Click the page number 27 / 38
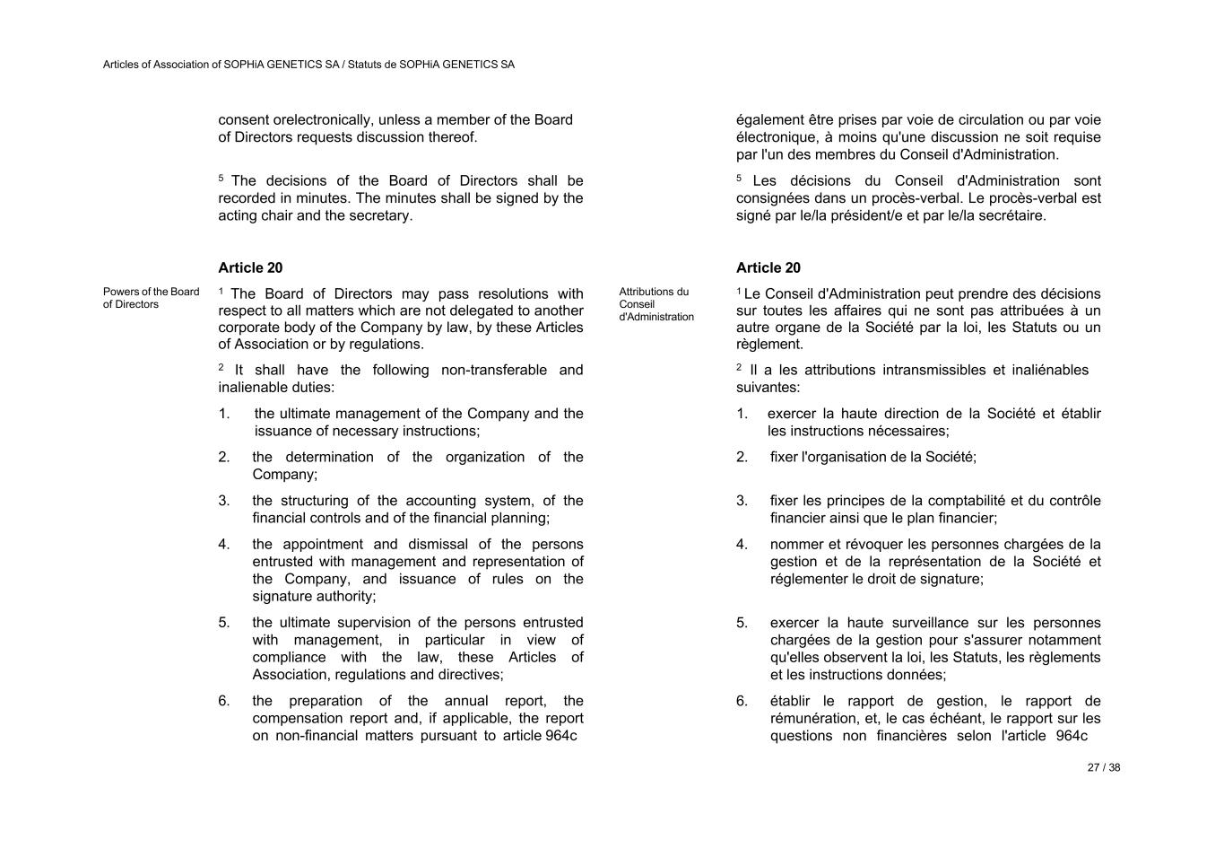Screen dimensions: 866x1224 tap(1103, 768)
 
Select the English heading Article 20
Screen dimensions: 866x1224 tap(250, 268)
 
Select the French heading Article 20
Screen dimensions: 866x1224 tap(768, 268)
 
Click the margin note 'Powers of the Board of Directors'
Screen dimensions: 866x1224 tap(151, 298)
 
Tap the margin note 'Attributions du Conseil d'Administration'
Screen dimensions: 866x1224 tap(655, 304)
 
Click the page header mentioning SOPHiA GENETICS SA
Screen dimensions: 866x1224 tap(308, 65)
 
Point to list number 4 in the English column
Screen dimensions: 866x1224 tap(224, 545)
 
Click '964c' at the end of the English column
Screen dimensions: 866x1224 tap(561, 737)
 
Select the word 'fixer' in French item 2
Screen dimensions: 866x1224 tap(784, 458)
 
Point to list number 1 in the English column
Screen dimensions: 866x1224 tap(224, 415)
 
